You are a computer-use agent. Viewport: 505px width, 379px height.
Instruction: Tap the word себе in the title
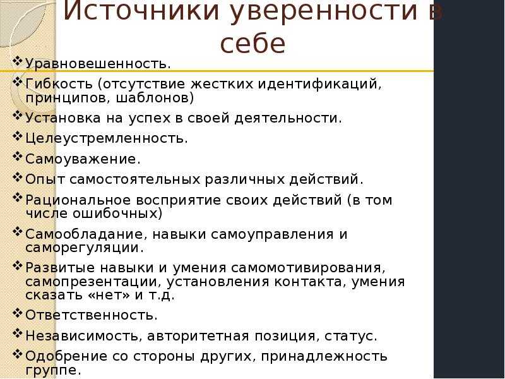(252, 44)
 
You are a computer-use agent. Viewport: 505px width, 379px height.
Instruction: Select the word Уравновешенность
(95, 64)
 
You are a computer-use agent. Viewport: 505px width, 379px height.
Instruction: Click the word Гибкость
(59, 84)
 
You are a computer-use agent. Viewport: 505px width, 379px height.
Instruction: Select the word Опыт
(45, 180)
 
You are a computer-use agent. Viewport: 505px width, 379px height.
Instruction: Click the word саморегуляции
(82, 248)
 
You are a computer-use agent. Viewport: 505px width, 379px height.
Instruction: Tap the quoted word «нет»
(109, 295)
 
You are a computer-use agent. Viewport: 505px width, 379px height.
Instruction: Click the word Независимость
(81, 336)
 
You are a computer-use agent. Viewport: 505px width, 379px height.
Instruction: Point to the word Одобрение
(66, 356)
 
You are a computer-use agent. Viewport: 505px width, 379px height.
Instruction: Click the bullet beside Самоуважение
(18, 157)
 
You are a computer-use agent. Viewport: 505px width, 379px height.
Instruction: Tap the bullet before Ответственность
(18, 313)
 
